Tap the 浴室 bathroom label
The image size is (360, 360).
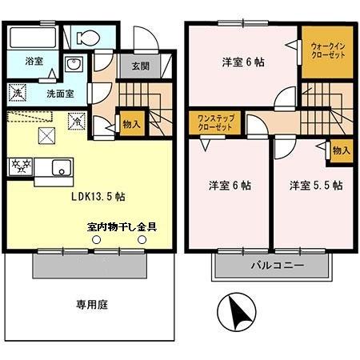click(x=34, y=61)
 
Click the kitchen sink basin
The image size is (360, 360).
click(x=61, y=167)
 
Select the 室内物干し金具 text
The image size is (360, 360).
click(x=122, y=226)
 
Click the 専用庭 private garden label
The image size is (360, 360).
click(x=91, y=304)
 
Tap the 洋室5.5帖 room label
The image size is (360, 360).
click(x=315, y=186)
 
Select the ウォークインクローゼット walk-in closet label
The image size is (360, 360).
click(x=327, y=54)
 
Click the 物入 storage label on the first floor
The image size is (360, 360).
click(x=131, y=124)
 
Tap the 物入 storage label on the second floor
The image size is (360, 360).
click(x=341, y=150)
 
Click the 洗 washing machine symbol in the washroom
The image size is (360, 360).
click(x=18, y=93)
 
